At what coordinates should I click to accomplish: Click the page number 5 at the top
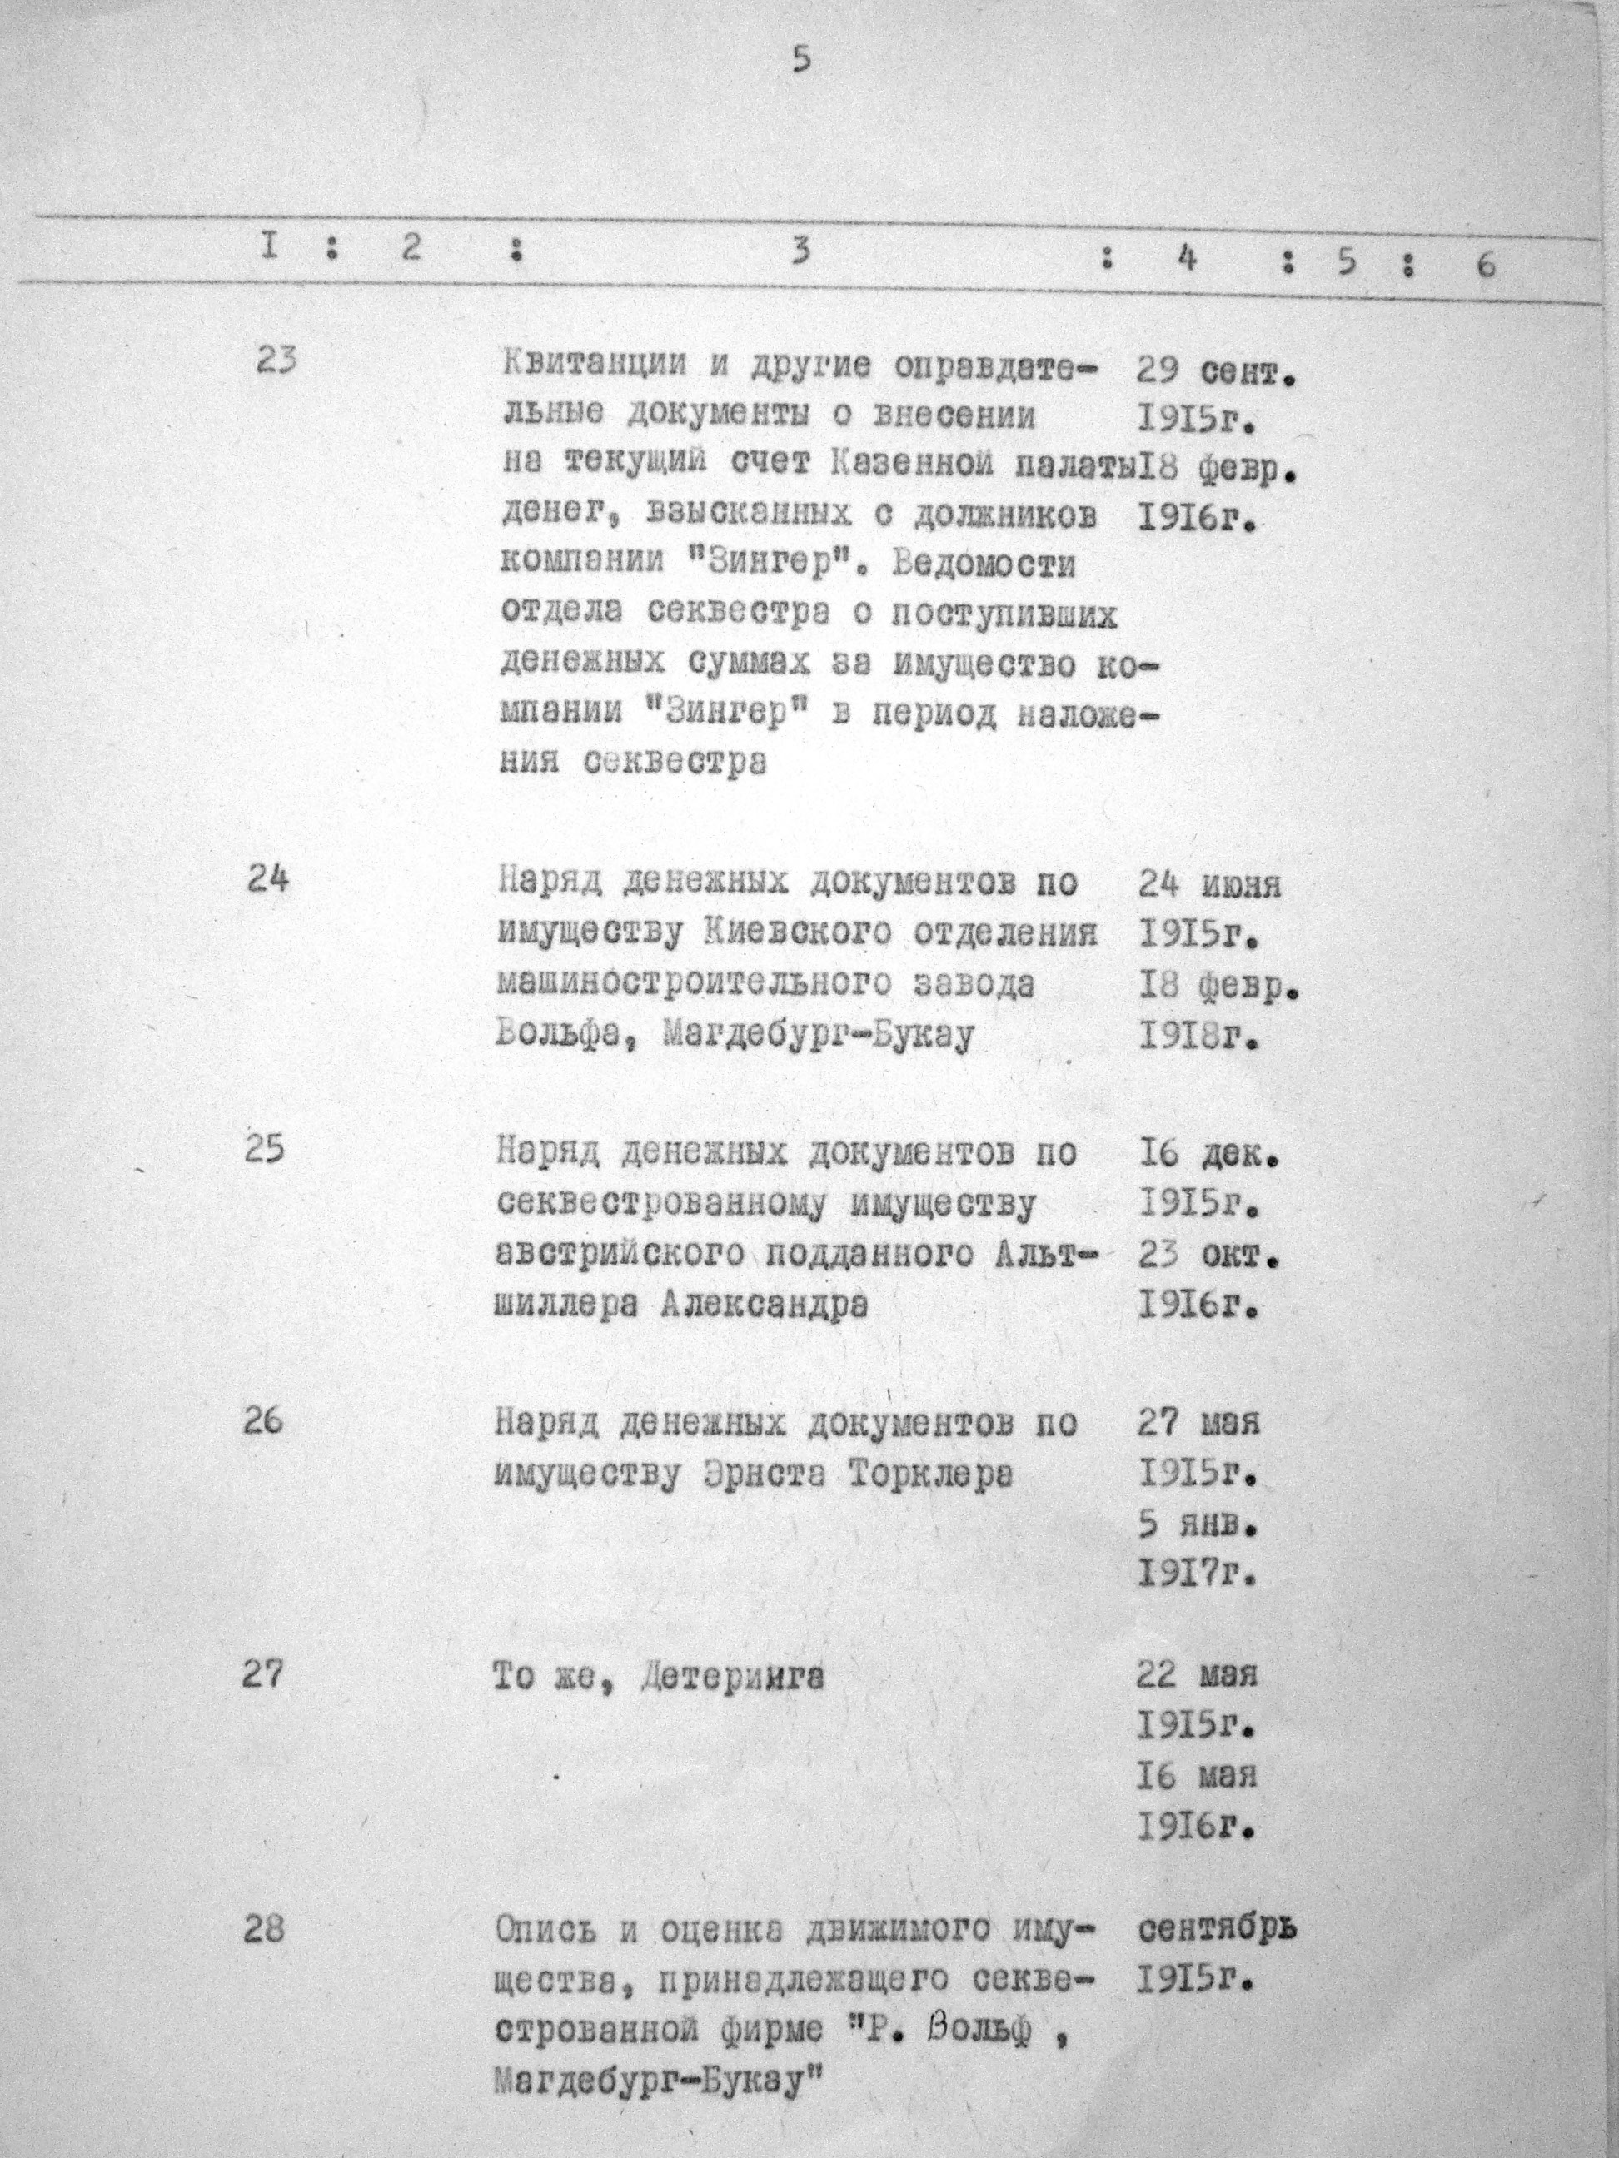801,61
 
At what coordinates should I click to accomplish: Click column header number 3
801,252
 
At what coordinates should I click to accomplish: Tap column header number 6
1485,266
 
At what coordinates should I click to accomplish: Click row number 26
263,1421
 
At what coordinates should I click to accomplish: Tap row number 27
263,1674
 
